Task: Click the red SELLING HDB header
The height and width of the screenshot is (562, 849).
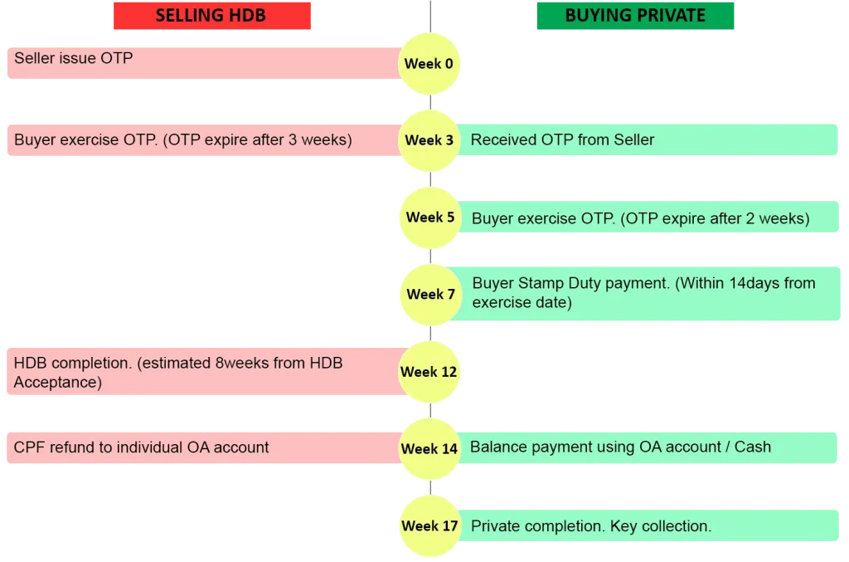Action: coord(212,16)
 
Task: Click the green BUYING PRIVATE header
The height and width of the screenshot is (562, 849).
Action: coord(635,16)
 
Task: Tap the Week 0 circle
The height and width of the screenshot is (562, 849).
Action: coord(429,63)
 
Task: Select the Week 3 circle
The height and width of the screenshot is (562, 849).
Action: coord(429,140)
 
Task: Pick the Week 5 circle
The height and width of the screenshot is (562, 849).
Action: coord(430,217)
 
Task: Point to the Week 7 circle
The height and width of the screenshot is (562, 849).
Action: coord(431,294)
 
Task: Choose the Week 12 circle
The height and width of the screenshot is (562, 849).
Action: coord(429,372)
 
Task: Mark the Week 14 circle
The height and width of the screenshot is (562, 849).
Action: coord(429,449)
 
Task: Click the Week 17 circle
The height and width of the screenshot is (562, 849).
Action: coord(430,525)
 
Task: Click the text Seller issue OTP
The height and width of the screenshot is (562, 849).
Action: coord(74,58)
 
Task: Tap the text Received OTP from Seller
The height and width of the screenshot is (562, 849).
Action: coord(563,139)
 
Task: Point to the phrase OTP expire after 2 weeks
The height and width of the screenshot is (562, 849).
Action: coord(715,218)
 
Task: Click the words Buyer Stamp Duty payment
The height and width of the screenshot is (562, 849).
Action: coord(571,283)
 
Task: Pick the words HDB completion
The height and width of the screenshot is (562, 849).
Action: coord(73,363)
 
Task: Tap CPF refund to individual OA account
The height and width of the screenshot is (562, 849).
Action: coord(141,447)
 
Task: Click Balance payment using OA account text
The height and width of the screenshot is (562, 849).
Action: coord(595,447)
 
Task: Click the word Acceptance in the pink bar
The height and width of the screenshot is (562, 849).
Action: coord(57,383)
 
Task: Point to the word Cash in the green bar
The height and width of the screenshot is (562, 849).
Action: coord(753,447)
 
